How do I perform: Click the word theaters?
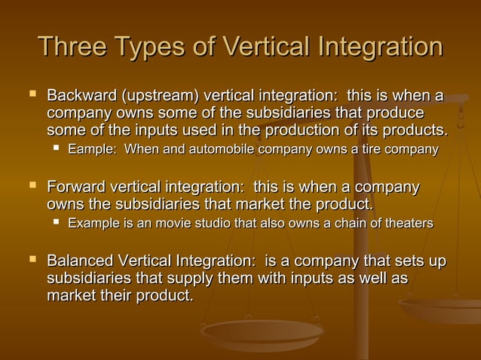(407, 223)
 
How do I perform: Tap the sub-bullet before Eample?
(56, 150)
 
